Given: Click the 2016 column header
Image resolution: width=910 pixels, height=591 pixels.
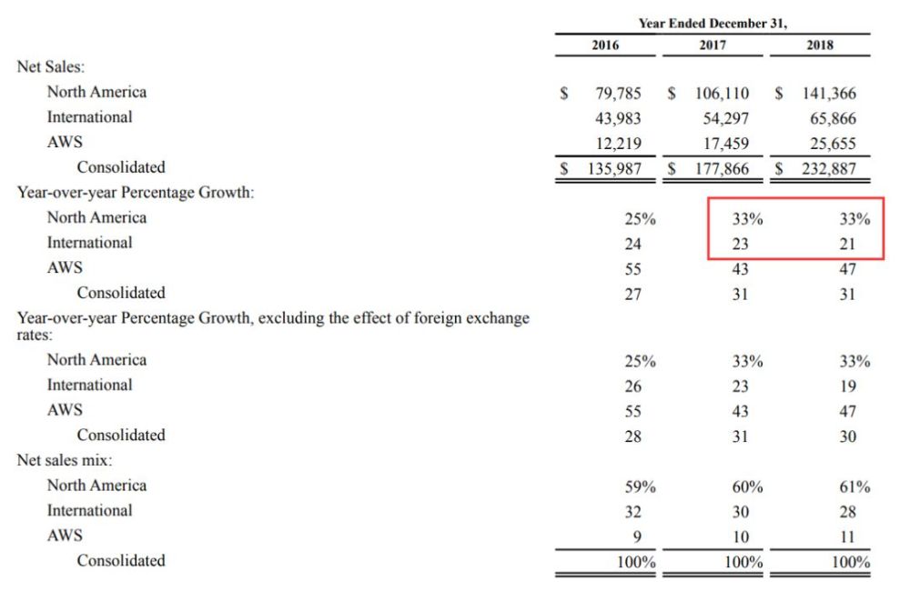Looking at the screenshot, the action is click(x=605, y=45).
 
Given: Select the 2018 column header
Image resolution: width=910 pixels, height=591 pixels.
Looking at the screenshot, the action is click(x=820, y=45).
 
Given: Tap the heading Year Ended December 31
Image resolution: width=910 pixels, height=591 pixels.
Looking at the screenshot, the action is click(x=713, y=24).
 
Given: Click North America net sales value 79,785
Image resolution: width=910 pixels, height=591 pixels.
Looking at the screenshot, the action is click(x=618, y=94).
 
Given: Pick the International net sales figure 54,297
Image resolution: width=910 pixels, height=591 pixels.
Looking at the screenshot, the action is click(x=725, y=118).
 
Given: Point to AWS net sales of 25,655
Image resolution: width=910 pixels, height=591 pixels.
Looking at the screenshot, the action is click(x=833, y=144).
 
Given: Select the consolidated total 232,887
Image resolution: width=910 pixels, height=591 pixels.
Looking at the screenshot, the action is click(x=829, y=169).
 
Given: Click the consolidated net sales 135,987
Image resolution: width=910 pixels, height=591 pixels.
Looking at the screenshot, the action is click(x=614, y=169).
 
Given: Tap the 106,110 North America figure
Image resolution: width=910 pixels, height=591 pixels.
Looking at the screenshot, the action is click(x=722, y=94).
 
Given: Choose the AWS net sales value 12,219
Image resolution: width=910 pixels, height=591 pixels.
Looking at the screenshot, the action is click(x=618, y=144).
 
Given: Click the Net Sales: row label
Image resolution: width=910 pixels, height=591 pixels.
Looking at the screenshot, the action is click(x=50, y=66).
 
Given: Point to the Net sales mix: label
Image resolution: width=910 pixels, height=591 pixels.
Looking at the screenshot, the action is click(x=65, y=460).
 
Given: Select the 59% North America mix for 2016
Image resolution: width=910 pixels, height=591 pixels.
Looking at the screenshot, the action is click(x=640, y=486).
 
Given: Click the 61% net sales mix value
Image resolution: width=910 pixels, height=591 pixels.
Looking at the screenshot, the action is click(x=854, y=486).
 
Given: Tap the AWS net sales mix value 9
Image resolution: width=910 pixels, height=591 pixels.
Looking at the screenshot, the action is click(x=637, y=536).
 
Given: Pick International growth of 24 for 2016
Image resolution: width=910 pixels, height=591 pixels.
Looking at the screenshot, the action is click(x=632, y=244).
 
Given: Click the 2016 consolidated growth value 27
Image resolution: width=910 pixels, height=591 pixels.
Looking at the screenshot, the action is click(x=632, y=294).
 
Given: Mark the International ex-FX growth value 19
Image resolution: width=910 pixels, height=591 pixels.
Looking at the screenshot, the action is click(x=848, y=386).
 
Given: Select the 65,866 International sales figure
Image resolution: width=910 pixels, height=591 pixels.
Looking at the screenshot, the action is click(x=833, y=118).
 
